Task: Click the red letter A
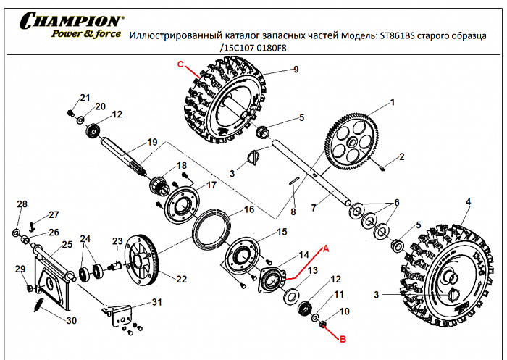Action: [x=326, y=248]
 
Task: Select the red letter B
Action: [x=344, y=337]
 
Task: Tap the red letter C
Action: [x=181, y=64]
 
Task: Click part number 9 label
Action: [x=296, y=70]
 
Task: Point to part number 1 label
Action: [x=393, y=103]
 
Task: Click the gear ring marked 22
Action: [x=141, y=259]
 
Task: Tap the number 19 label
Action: [x=152, y=141]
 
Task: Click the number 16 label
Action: [x=248, y=209]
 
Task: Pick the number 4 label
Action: [x=468, y=201]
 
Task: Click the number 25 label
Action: [x=67, y=245]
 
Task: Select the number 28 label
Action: [x=22, y=204]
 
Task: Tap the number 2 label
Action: [x=401, y=156]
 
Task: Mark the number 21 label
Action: [x=85, y=99]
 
